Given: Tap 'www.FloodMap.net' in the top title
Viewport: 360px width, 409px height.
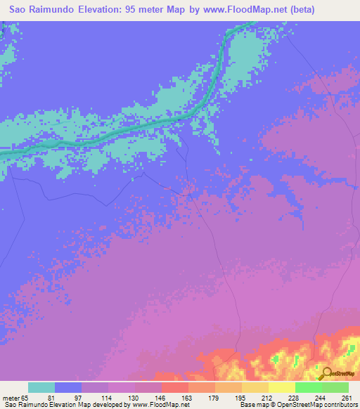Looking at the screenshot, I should pyautogui.click(x=239, y=9).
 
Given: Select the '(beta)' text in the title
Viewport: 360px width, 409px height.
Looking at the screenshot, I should pyautogui.click(x=300, y=9).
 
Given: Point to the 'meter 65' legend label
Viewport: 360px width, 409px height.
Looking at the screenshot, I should pyautogui.click(x=16, y=398).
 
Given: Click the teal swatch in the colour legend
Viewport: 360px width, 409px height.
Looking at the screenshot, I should pyautogui.click(x=41, y=387).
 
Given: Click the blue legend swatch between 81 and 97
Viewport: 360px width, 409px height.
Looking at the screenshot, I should pyautogui.click(x=68, y=387).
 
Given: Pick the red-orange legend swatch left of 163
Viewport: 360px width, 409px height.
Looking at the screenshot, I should pyautogui.click(x=174, y=387).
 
